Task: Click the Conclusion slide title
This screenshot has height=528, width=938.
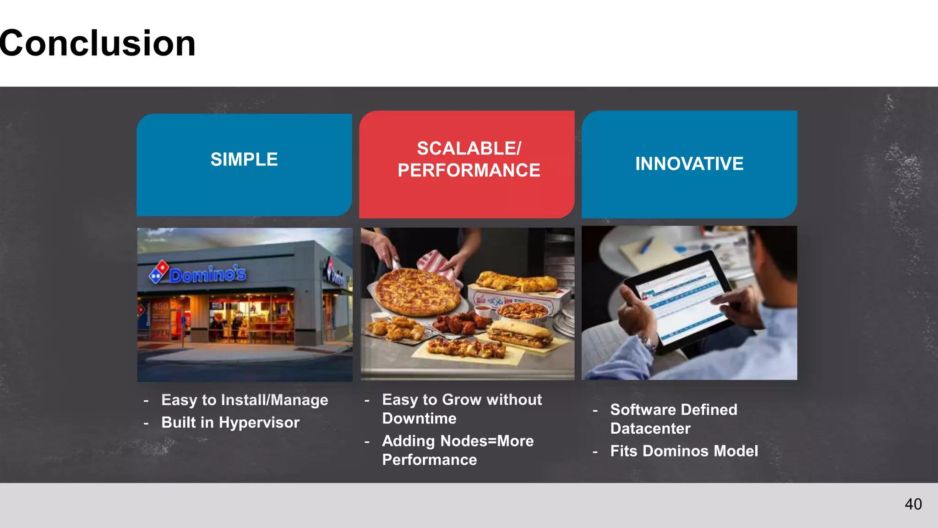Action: (97, 43)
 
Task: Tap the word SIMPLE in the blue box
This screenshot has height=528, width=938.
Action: (244, 159)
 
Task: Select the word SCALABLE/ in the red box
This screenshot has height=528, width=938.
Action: (469, 148)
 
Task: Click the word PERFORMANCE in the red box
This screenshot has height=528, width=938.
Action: (469, 170)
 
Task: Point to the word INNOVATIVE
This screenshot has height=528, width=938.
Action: (689, 164)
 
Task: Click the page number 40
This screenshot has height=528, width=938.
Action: (913, 504)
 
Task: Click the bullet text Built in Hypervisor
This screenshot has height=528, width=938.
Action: (230, 423)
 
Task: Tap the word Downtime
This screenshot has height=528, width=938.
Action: (419, 418)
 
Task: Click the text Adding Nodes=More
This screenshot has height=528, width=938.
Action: (458, 441)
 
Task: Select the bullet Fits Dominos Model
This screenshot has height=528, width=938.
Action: (684, 451)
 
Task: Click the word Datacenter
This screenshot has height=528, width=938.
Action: (650, 429)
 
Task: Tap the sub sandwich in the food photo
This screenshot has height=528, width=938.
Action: (520, 335)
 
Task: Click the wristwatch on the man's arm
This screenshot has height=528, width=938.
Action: (647, 342)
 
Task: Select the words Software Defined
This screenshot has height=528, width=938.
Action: (673, 410)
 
